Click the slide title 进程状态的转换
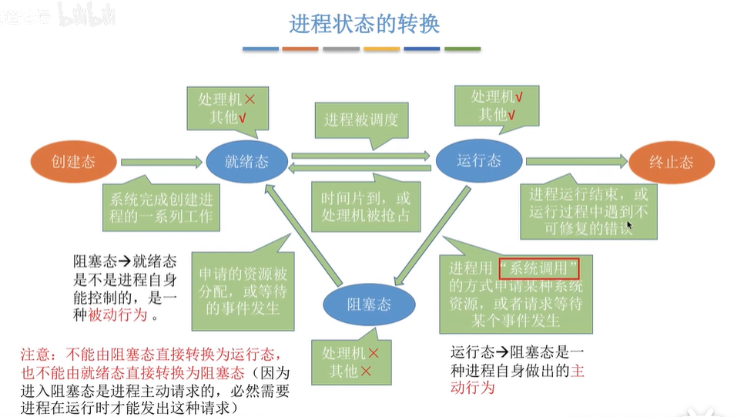click(364, 23)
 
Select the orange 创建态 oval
click(73, 162)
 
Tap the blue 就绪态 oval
click(246, 162)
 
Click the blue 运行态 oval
click(478, 160)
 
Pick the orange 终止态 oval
click(671, 162)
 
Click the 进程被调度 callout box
click(361, 120)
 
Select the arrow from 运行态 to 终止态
click(575, 161)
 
